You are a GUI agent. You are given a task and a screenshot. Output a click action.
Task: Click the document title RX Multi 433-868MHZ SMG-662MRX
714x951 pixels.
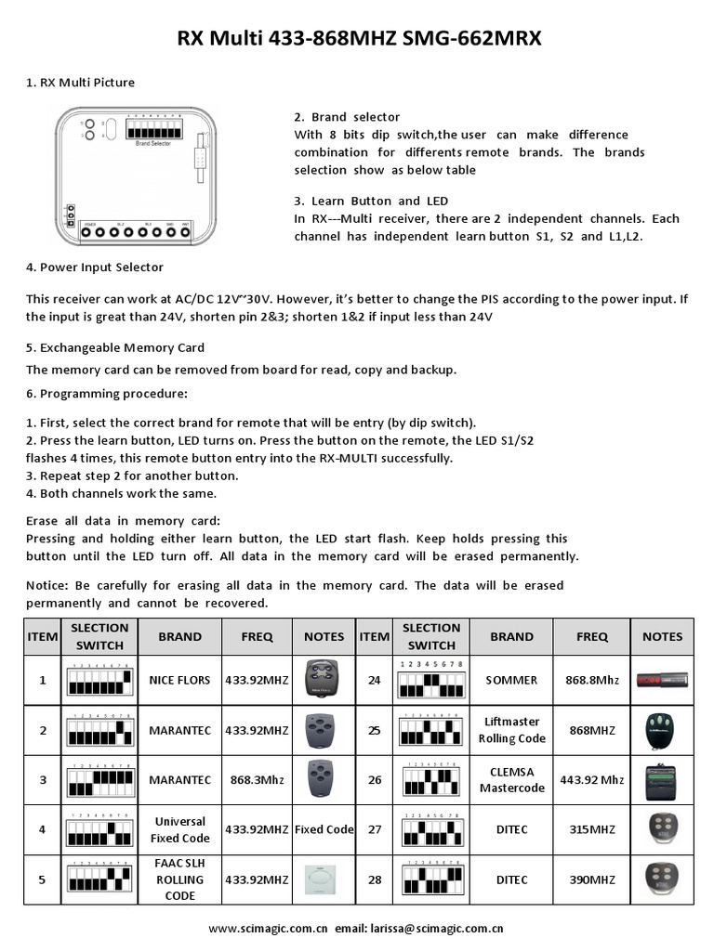(x=359, y=39)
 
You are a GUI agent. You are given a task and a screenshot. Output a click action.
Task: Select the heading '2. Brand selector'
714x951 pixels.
(x=347, y=117)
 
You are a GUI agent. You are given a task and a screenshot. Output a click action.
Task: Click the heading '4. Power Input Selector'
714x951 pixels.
(x=95, y=267)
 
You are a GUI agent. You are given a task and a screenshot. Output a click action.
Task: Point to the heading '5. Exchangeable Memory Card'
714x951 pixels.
(x=115, y=347)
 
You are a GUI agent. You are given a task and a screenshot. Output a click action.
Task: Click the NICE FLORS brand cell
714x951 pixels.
(x=179, y=681)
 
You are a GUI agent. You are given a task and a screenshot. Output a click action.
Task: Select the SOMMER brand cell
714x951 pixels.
(x=511, y=681)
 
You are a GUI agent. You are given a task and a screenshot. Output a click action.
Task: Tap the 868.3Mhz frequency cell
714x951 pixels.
(x=258, y=780)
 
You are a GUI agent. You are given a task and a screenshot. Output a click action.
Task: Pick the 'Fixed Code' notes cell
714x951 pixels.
(x=324, y=829)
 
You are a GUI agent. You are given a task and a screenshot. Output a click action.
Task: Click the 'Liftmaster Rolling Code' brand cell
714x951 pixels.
(x=511, y=730)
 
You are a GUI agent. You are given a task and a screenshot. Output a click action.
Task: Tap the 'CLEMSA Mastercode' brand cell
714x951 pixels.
(x=511, y=780)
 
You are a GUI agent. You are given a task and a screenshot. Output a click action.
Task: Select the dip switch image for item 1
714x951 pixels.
(x=99, y=683)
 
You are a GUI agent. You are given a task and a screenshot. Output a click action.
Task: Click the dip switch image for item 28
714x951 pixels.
(x=431, y=879)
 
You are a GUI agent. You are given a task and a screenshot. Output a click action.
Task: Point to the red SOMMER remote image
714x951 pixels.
(x=662, y=681)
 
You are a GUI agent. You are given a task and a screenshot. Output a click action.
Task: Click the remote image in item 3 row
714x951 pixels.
(x=324, y=778)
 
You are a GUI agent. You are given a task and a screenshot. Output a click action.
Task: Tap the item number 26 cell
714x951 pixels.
(x=375, y=780)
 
